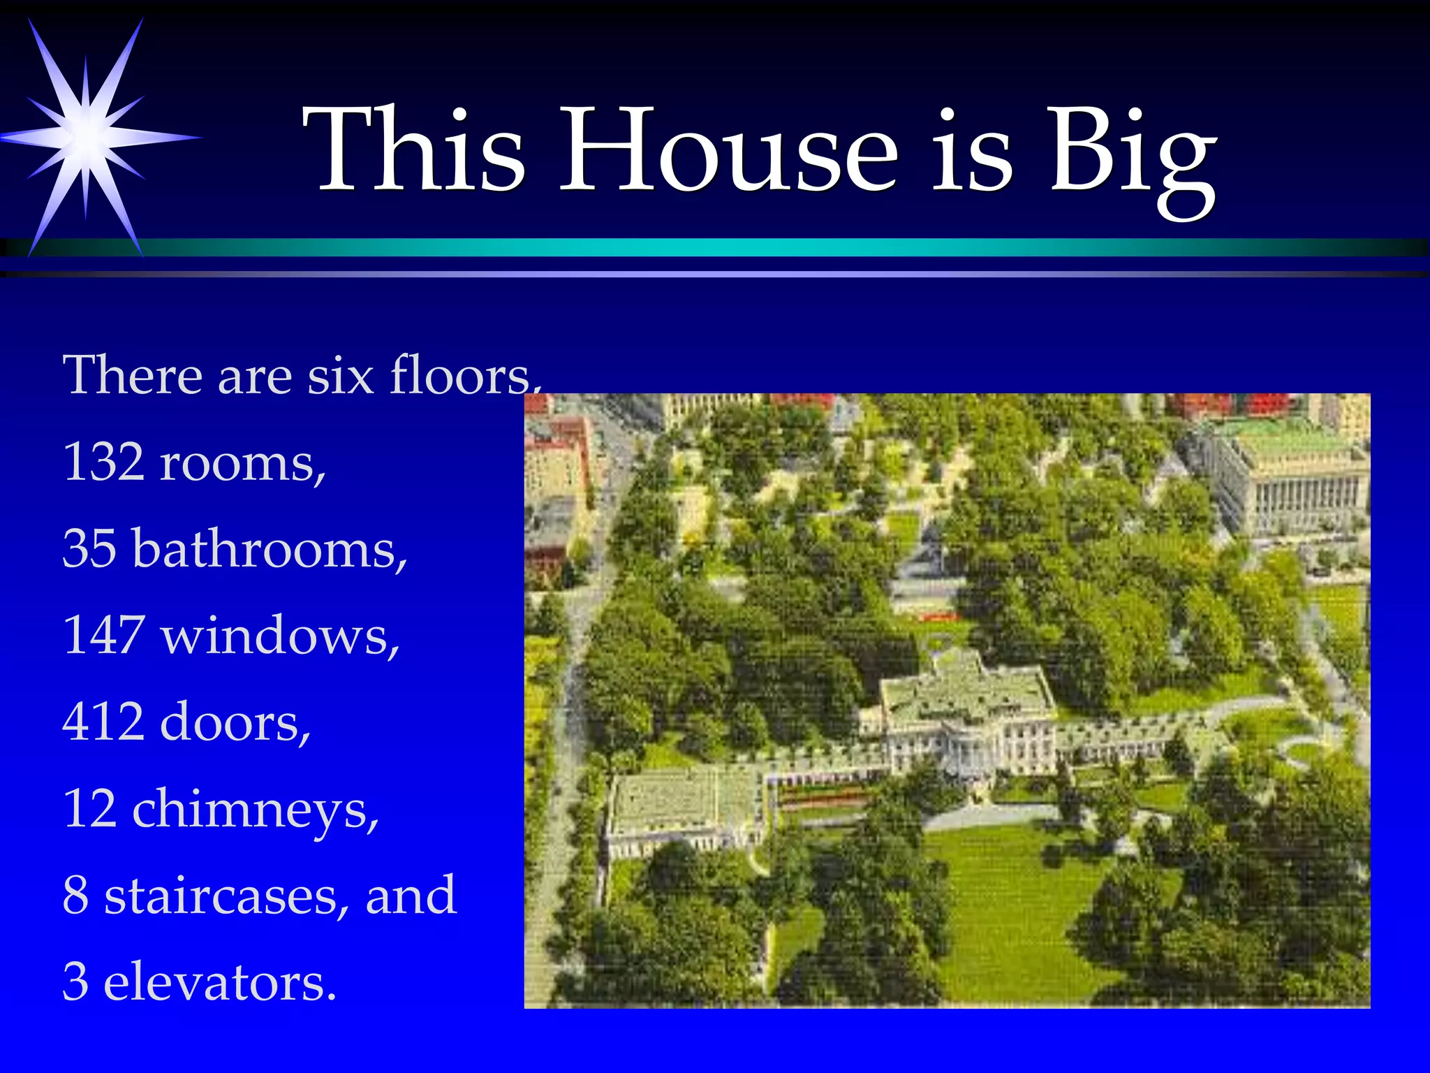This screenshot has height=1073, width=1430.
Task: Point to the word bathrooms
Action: [270, 548]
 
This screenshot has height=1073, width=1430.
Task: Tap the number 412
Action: [103, 722]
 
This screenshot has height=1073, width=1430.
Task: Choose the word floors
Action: [464, 376]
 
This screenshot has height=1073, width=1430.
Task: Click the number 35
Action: [89, 548]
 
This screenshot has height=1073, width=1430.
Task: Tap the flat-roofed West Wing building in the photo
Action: [681, 807]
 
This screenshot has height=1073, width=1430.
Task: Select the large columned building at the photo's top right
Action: [1292, 475]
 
